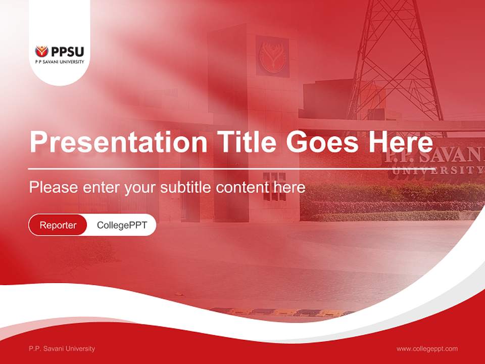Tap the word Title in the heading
click(247, 143)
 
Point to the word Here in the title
click(401, 143)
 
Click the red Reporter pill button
click(58, 225)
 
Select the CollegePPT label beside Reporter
click(122, 225)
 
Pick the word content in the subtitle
click(242, 188)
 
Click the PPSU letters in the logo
click(67, 52)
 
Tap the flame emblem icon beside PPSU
click(41, 52)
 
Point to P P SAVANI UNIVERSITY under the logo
click(60, 62)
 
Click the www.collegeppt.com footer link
click(427, 348)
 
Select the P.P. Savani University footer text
click(62, 348)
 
